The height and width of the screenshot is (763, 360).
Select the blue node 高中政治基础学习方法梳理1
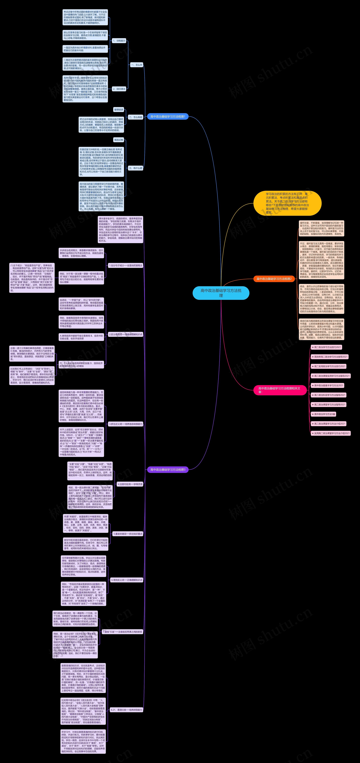tap(168, 117)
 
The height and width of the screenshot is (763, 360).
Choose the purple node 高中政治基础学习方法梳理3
tap(168, 469)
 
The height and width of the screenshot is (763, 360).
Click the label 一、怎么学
tap(137, 65)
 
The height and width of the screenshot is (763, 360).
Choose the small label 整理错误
tap(119, 110)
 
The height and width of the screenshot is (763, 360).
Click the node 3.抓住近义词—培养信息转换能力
tap(126, 424)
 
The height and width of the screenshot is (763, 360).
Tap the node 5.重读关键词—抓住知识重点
tap(128, 534)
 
